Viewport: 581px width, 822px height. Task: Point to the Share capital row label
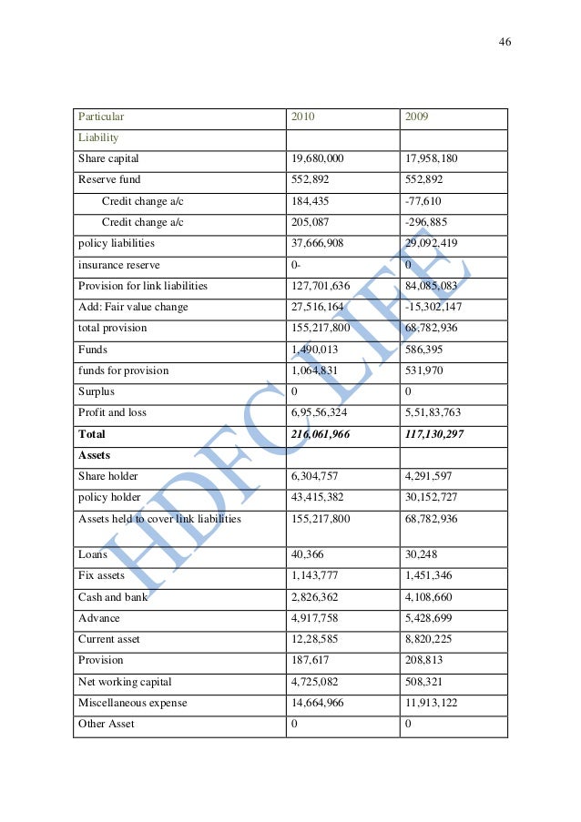tap(108, 158)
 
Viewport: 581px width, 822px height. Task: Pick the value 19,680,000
tap(317, 158)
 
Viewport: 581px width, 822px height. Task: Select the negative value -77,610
tap(423, 200)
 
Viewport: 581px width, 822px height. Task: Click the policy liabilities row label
tap(116, 243)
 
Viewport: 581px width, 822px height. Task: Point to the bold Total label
tap(92, 434)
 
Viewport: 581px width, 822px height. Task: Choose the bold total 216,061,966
tap(321, 434)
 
